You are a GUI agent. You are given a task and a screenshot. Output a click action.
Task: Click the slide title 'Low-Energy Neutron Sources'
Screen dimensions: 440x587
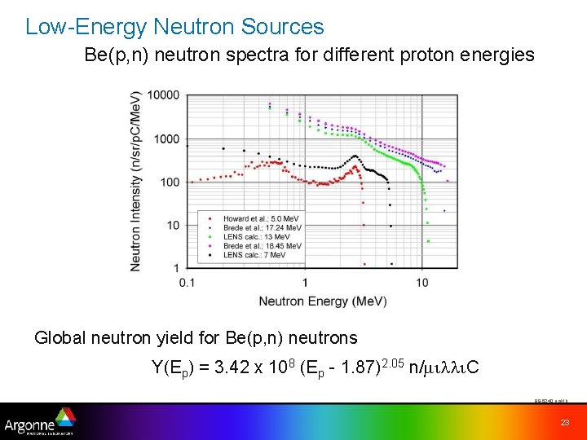(174, 27)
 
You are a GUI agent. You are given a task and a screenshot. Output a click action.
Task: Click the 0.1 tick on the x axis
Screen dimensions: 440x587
(187, 282)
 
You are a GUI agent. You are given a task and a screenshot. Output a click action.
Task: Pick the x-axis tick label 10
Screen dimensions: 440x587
(422, 282)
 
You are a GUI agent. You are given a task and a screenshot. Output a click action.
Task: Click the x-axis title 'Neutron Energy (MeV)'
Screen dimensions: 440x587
(323, 301)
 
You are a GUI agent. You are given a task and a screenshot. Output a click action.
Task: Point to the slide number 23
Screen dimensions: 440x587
(564, 422)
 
